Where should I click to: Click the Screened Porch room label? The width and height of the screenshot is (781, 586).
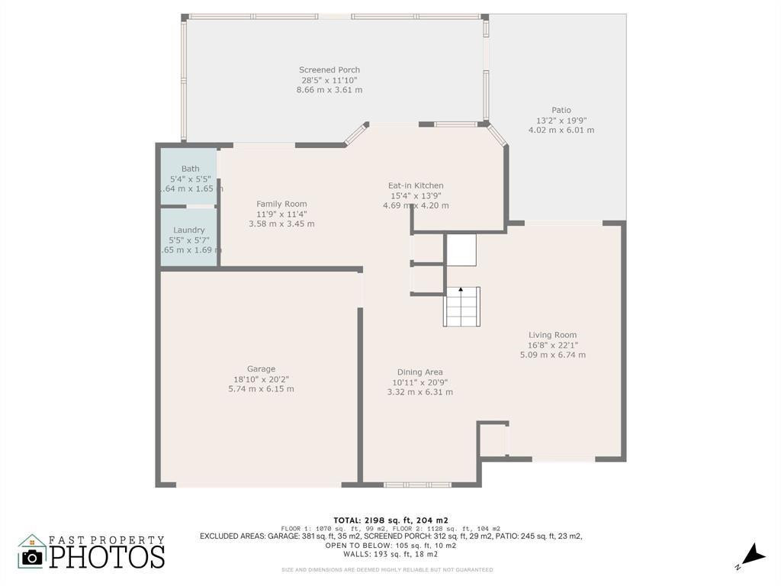[x=329, y=70]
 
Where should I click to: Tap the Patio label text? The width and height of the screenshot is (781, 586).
[x=561, y=110]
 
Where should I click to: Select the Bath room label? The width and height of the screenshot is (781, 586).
[x=190, y=169]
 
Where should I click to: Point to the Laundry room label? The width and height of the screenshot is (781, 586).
[x=188, y=230]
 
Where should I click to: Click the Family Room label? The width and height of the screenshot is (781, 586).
[x=281, y=204]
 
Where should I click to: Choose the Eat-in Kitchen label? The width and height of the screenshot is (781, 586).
[x=416, y=185]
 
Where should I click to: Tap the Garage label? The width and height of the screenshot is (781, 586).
[x=261, y=369]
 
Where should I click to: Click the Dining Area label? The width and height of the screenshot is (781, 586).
[x=419, y=372]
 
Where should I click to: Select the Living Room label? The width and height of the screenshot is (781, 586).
[x=552, y=334]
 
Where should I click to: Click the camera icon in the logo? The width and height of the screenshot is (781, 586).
[x=32, y=555]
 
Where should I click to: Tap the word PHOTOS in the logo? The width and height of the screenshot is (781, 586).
[x=108, y=556]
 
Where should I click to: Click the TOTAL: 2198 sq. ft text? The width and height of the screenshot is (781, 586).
[x=390, y=520]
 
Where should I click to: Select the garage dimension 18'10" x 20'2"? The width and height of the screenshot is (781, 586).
[x=261, y=378]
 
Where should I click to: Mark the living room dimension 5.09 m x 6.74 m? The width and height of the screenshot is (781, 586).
[x=552, y=354]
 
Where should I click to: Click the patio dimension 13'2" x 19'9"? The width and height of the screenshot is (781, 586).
[x=561, y=120]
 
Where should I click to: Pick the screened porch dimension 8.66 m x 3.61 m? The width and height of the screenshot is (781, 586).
[x=329, y=90]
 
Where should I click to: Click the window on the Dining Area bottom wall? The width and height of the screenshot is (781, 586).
[x=417, y=485]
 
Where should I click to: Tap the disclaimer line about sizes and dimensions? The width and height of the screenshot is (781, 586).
[x=387, y=569]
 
